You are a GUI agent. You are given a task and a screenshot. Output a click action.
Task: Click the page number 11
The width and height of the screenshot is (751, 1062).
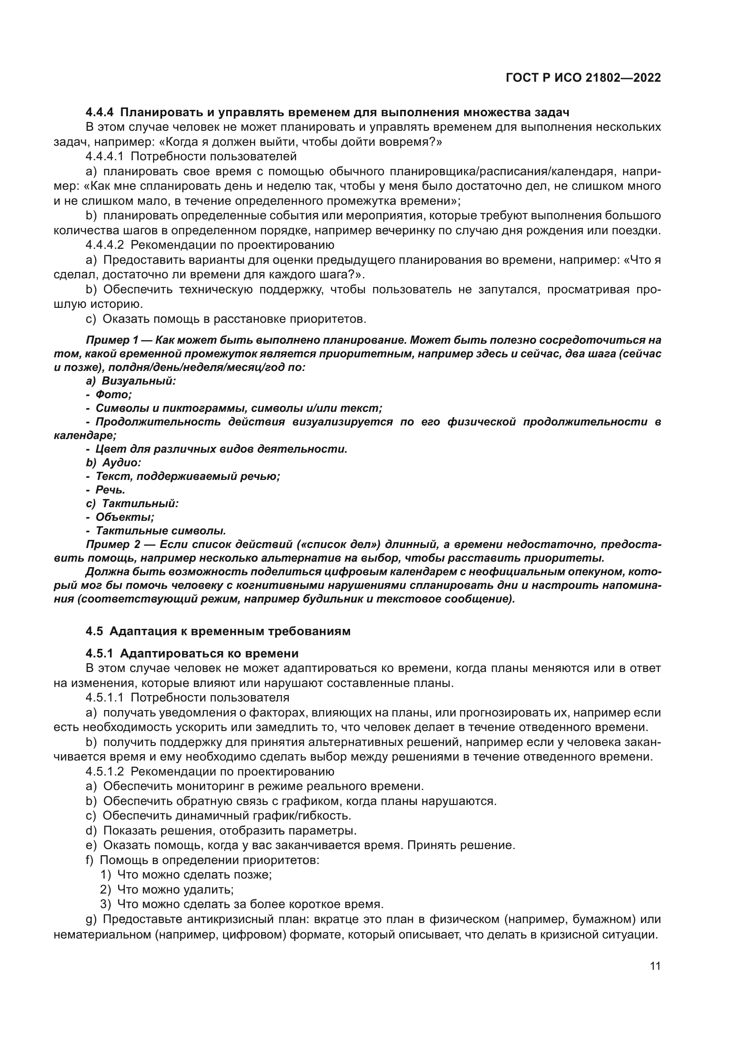(x=655, y=966)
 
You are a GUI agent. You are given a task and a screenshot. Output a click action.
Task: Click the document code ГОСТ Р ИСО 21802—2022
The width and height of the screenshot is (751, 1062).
(x=583, y=78)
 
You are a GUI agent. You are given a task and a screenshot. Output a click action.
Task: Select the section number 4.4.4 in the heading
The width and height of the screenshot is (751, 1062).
(x=99, y=113)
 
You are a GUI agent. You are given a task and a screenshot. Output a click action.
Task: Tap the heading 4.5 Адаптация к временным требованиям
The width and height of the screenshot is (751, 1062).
(x=218, y=632)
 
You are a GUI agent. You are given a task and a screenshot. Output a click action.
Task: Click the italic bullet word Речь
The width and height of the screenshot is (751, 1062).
(x=110, y=490)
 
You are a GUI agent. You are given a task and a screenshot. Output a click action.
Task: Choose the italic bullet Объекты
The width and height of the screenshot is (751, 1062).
(x=124, y=517)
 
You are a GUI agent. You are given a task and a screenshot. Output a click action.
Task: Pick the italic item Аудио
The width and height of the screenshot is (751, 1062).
(x=121, y=463)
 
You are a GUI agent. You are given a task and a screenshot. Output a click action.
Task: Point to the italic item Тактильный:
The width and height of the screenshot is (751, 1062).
(x=140, y=503)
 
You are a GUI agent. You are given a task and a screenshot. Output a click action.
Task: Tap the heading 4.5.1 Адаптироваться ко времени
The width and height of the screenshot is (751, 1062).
(x=192, y=653)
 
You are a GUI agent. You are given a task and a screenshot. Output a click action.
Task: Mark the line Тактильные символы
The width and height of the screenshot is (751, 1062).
(x=160, y=530)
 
